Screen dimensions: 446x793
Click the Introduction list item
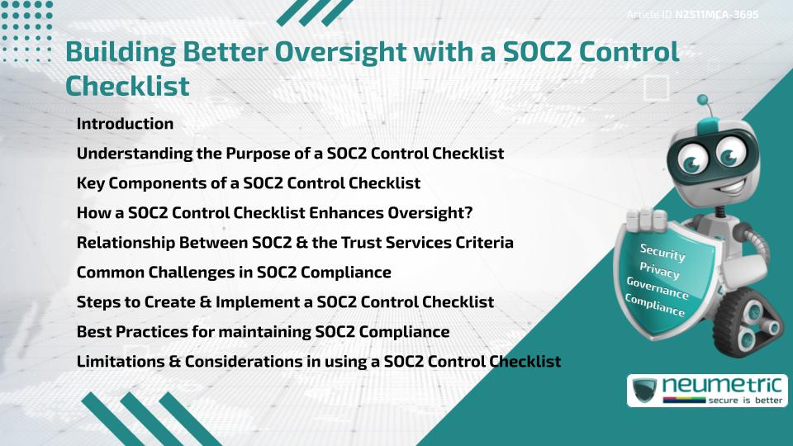pyautogui.click(x=125, y=124)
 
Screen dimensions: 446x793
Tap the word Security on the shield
pyautogui.click(x=662, y=253)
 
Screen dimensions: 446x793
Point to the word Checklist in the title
pyautogui.click(x=127, y=84)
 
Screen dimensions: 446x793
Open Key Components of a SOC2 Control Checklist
pyautogui.click(x=249, y=183)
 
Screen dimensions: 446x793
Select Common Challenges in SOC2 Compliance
pyautogui.click(x=234, y=273)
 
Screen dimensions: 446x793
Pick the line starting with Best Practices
pyautogui.click(x=263, y=332)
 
